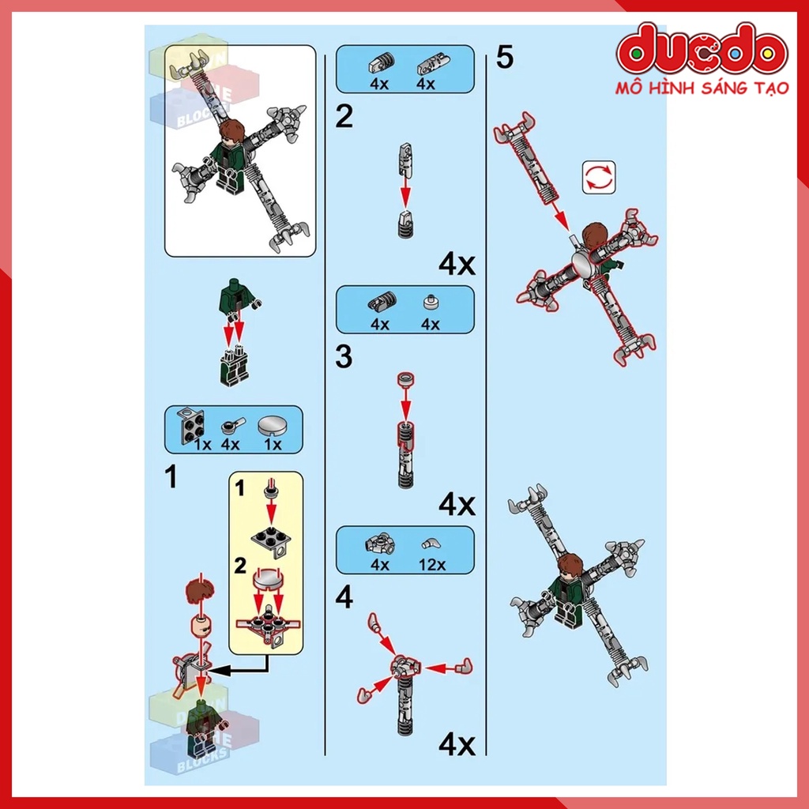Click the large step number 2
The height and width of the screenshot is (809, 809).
[x=344, y=118]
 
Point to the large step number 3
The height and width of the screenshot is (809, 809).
[x=344, y=357]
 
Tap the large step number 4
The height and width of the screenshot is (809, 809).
[x=344, y=598]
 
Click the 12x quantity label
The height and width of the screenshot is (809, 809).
[x=431, y=564]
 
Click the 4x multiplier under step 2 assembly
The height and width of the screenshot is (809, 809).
[x=457, y=264]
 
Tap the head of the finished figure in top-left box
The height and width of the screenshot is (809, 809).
[x=231, y=131]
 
